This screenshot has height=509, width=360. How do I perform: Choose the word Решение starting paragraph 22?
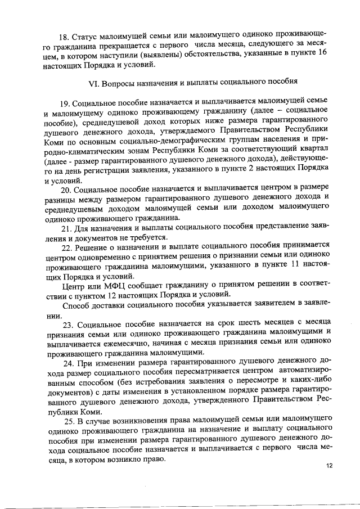(96, 246)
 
